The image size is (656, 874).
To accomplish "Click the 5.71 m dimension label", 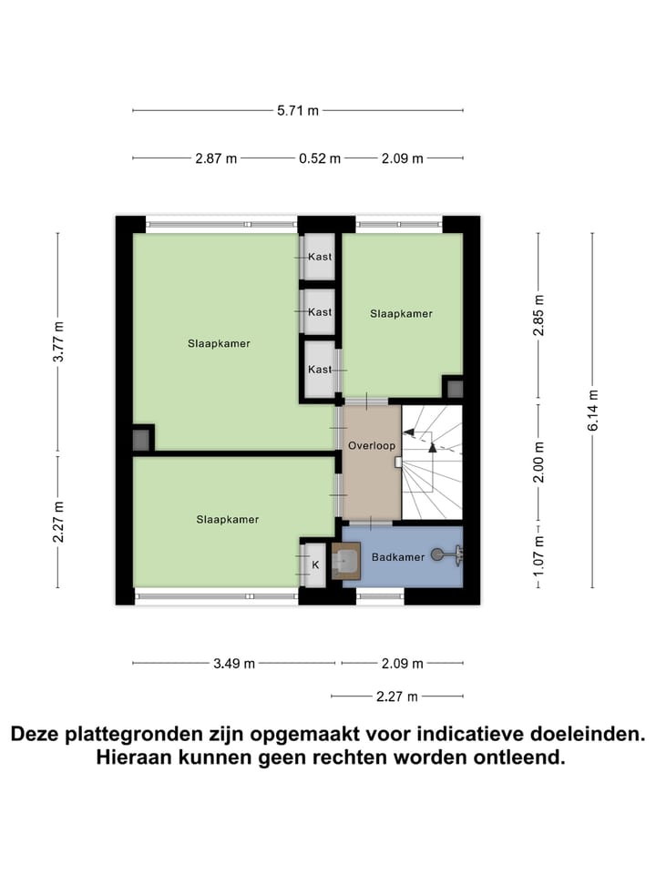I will click(x=298, y=111).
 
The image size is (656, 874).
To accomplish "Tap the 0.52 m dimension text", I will click(x=320, y=158).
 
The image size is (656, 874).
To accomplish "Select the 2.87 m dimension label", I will click(x=216, y=158).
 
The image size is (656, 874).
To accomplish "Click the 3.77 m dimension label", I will click(x=59, y=343).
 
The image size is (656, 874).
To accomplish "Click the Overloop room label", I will click(x=372, y=446).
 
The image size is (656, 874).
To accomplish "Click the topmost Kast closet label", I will click(x=320, y=257).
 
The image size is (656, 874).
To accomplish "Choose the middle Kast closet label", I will click(x=320, y=312).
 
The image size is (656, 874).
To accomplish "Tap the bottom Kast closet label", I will click(x=320, y=369).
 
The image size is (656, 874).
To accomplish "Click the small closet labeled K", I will click(x=315, y=564).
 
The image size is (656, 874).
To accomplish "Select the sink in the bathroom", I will click(x=345, y=561).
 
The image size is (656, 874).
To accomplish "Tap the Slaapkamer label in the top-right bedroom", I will click(x=401, y=313).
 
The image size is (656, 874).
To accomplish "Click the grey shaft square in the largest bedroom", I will click(x=141, y=439).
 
